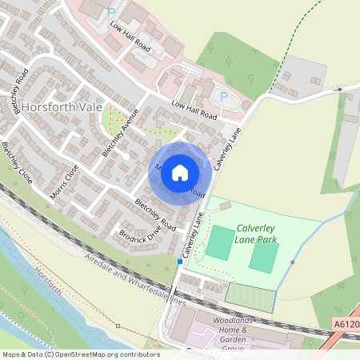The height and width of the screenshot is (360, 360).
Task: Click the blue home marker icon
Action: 180,172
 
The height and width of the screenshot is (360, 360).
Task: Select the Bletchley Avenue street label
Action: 121,132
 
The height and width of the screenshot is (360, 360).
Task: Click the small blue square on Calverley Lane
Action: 179,261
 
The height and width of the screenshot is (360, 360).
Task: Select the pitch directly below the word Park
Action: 264,256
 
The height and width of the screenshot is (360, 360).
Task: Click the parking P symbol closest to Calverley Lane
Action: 223,96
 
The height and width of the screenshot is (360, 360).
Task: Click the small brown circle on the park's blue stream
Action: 294,262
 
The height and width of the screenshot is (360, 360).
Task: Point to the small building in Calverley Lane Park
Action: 225,206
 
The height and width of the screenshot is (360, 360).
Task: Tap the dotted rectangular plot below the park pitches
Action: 249,293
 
